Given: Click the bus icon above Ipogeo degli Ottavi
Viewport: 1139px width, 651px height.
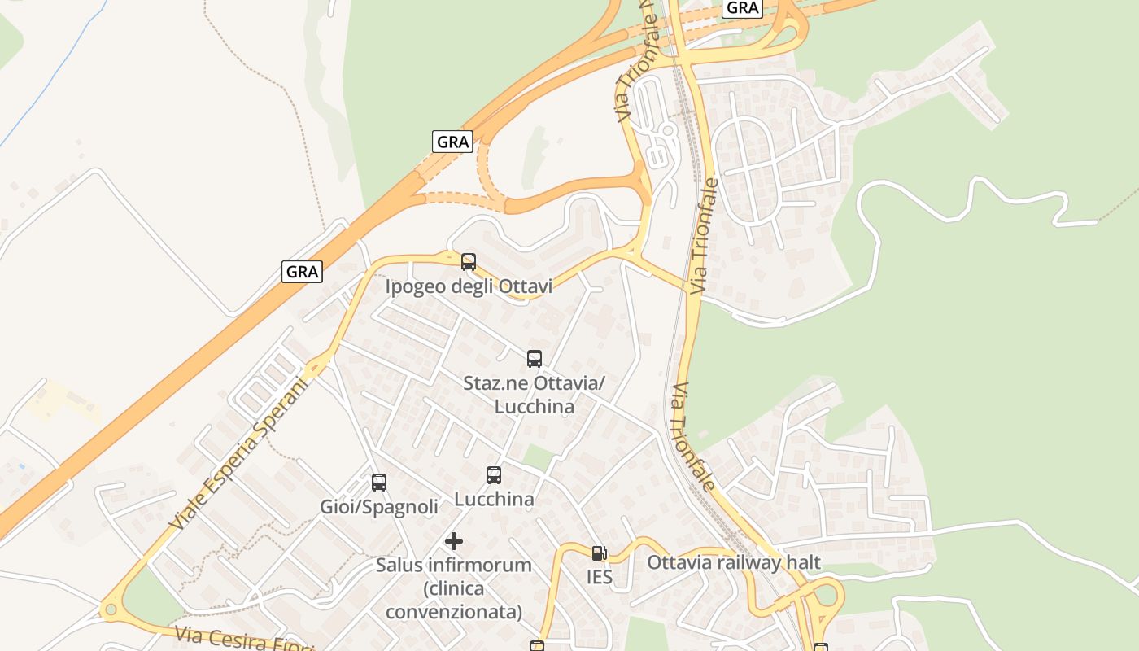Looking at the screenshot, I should pyautogui.click(x=469, y=262).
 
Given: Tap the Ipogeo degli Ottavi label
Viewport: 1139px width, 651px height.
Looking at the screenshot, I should pyautogui.click(x=469, y=286).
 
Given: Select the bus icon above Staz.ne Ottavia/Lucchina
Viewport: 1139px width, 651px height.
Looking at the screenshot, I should pyautogui.click(x=535, y=359).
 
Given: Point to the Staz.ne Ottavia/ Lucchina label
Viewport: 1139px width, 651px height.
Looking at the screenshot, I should pyautogui.click(x=535, y=394).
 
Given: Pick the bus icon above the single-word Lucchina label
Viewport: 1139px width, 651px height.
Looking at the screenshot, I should pyautogui.click(x=494, y=475).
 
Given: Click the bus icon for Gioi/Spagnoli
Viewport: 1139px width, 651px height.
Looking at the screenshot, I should pyautogui.click(x=379, y=483).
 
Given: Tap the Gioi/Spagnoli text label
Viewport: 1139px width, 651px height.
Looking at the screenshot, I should pyautogui.click(x=379, y=507).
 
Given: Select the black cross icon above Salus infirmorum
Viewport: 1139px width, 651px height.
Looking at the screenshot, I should pyautogui.click(x=454, y=541).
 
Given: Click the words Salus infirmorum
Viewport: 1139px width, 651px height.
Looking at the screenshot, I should pyautogui.click(x=454, y=565).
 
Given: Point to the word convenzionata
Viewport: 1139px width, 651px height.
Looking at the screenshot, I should pyautogui.click(x=454, y=611).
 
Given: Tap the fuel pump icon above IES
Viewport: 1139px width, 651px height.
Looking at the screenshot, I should pyautogui.click(x=600, y=553).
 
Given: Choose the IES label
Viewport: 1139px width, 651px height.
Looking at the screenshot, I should pyautogui.click(x=600, y=578).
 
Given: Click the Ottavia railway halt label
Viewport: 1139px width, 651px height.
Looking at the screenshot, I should pyautogui.click(x=734, y=562).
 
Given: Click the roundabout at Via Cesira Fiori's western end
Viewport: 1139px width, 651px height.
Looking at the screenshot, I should pyautogui.click(x=109, y=609).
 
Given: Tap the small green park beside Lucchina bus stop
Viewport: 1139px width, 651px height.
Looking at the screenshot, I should pyautogui.click(x=537, y=457).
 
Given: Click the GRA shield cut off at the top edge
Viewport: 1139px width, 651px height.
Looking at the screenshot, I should pyautogui.click(x=742, y=7).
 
